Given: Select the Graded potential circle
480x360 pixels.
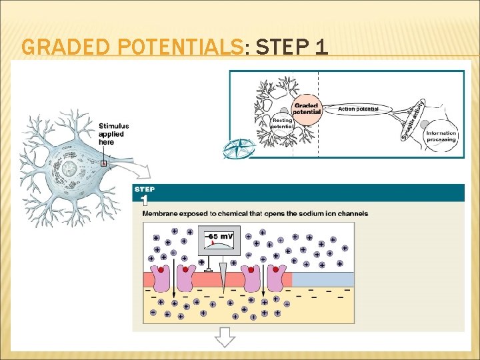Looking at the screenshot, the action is (x=307, y=108).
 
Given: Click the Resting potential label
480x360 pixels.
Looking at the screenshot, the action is (x=283, y=123).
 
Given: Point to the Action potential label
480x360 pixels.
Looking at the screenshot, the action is (x=358, y=109).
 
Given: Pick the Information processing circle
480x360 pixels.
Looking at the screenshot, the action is (x=441, y=135).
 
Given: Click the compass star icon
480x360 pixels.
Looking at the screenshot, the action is (x=238, y=148).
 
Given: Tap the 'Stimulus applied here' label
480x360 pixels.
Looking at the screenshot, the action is (x=113, y=133).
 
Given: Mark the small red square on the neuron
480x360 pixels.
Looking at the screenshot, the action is (x=104, y=163).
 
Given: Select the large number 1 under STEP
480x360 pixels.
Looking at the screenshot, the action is (x=145, y=200).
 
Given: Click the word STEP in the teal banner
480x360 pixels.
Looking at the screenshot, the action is (x=145, y=189).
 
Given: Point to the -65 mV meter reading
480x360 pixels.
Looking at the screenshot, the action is (x=219, y=237).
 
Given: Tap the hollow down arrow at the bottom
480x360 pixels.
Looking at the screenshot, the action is (x=225, y=338).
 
